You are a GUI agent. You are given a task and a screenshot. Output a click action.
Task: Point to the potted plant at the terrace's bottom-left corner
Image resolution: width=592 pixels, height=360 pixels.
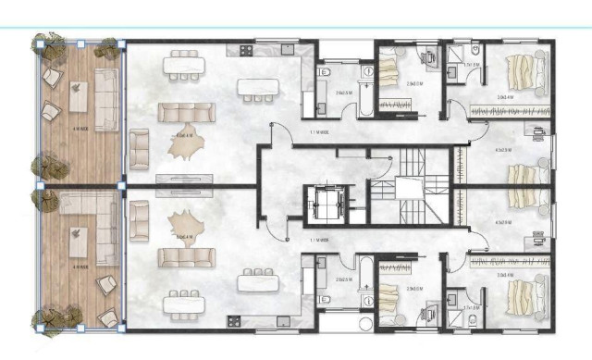pos(46,319)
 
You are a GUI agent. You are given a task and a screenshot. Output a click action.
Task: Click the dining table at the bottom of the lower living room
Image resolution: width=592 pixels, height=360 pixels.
pos(185,302)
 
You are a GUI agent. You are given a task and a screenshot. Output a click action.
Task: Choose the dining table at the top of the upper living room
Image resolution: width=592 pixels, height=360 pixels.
pos(185,64)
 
